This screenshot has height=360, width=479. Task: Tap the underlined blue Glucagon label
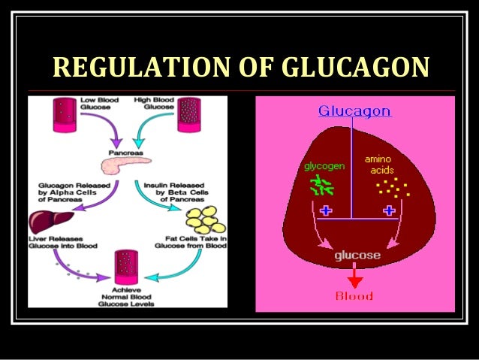click(354, 111)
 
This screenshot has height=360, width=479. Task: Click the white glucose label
click(357, 256)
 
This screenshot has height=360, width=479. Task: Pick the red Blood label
click(354, 296)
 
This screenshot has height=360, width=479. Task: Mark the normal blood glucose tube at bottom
click(123, 266)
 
